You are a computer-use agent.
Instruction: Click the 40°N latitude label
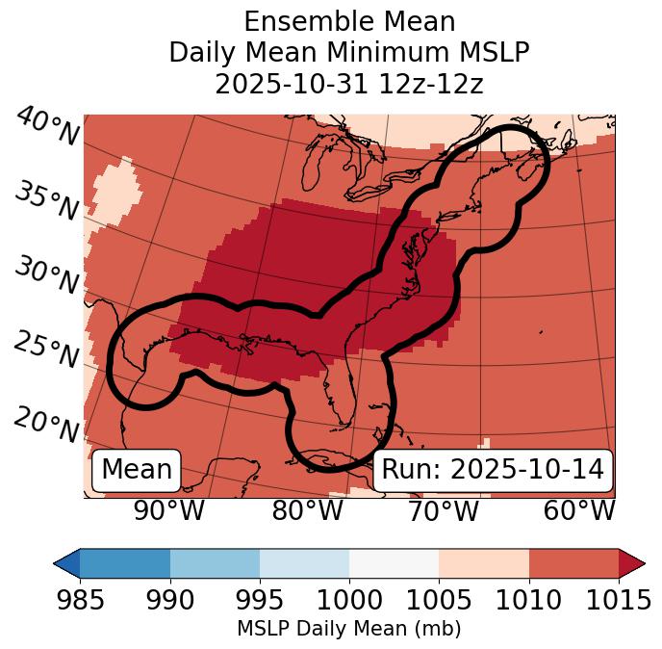coord(47,126)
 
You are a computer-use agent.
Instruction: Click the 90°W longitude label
coord(169,511)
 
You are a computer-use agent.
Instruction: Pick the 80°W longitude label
coord(307,511)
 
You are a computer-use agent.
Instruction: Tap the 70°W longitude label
coord(443,511)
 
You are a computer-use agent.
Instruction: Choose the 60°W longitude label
coord(579,511)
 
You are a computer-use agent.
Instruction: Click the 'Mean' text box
coord(137,470)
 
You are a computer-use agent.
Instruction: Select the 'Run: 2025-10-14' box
coord(493,470)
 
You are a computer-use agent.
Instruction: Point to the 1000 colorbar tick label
coord(349,601)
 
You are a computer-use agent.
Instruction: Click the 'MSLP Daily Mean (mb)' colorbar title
coord(348,629)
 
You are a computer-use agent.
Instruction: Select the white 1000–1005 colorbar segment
coord(394,562)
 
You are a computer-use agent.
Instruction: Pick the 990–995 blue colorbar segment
coord(215,562)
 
